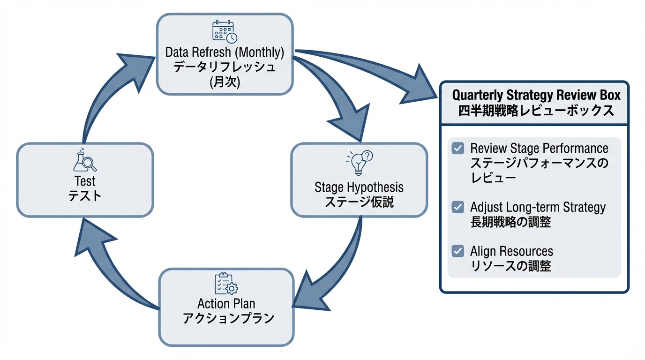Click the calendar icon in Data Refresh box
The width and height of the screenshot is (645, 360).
[225, 31]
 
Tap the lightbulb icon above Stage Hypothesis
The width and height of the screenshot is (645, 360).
[359, 162]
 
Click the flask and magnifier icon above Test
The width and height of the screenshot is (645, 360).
[85, 160]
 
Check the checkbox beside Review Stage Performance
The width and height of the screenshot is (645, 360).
[457, 149]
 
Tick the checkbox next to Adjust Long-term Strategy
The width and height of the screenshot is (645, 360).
[457, 207]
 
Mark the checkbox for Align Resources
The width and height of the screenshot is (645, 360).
[457, 251]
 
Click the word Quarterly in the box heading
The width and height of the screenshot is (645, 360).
[477, 95]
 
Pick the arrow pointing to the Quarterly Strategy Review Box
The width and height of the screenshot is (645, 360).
[375, 70]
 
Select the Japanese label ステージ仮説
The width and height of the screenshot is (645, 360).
[359, 202]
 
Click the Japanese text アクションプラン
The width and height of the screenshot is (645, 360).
[227, 319]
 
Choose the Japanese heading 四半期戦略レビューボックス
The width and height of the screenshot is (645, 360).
[536, 111]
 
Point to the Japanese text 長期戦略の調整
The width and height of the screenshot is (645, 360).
[510, 222]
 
